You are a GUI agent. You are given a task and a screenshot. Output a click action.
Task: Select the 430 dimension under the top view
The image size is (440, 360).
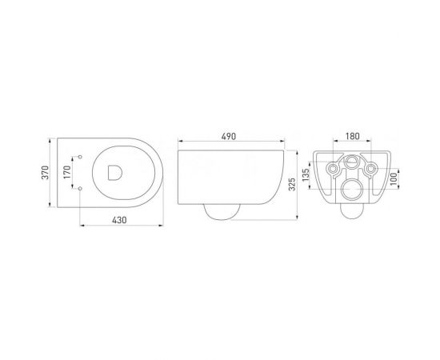tap(120, 218)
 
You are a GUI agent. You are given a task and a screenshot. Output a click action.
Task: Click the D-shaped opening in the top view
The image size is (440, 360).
tap(112, 170)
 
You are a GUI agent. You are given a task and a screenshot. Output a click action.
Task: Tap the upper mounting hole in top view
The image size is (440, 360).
tap(83, 155)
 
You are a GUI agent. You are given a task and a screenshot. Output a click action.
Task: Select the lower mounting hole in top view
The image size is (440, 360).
tap(83, 186)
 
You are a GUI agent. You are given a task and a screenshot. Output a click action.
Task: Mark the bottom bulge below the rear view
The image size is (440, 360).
tap(352, 210)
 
